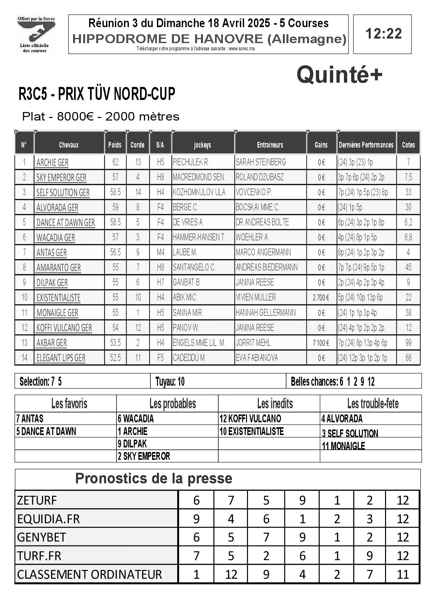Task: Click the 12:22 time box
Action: pyautogui.click(x=382, y=34)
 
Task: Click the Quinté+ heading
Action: pyautogui.click(x=339, y=75)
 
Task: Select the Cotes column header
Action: pyautogui.click(x=408, y=145)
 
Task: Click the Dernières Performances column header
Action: pyautogui.click(x=366, y=145)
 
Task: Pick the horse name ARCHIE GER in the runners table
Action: pyautogui.click(x=53, y=163)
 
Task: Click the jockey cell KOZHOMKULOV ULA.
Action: pyautogui.click(x=200, y=192)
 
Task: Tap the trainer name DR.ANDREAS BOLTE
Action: pyautogui.click(x=262, y=222)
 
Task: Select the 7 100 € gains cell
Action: pyautogui.click(x=321, y=343)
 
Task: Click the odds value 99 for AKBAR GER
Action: pyautogui.click(x=408, y=343)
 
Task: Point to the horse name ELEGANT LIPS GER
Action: pyautogui.click(x=61, y=358)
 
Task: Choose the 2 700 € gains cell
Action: pyautogui.click(x=321, y=298)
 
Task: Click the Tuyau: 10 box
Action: pyautogui.click(x=170, y=381)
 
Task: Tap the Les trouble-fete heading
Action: pyautogui.click(x=373, y=404)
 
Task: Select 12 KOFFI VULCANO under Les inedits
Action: pyautogui.click(x=250, y=419)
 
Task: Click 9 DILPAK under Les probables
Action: pyautogui.click(x=132, y=444)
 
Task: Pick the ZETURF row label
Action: pyautogui.click(x=37, y=500)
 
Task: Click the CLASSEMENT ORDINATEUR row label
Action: pyautogui.click(x=89, y=575)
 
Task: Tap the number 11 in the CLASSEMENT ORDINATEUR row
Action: pyautogui.click(x=403, y=575)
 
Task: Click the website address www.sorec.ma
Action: pyautogui.click(x=241, y=49)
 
